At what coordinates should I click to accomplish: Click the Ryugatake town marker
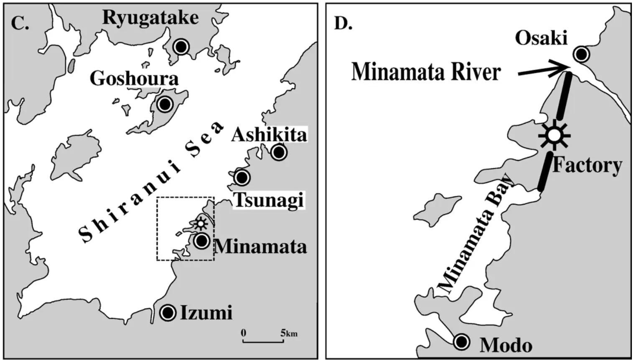coord(181,46)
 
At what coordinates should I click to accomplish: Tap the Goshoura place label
coord(134,79)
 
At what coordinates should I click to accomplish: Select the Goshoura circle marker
coord(165,104)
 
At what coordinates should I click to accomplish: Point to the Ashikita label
coord(269,135)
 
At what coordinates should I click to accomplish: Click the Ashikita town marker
coord(279,152)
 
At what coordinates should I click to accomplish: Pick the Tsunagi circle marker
coord(242,177)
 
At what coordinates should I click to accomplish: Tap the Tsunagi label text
coord(269,200)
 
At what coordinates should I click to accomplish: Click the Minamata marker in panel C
coord(202,241)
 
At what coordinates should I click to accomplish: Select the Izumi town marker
coord(168,312)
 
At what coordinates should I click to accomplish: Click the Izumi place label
coord(206,313)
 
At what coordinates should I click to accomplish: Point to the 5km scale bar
coord(263,341)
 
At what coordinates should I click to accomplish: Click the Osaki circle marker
coord(581,54)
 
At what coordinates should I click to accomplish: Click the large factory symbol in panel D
coord(554,135)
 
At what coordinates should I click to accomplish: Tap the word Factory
coord(587,165)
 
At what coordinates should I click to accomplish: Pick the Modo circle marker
coord(462,342)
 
